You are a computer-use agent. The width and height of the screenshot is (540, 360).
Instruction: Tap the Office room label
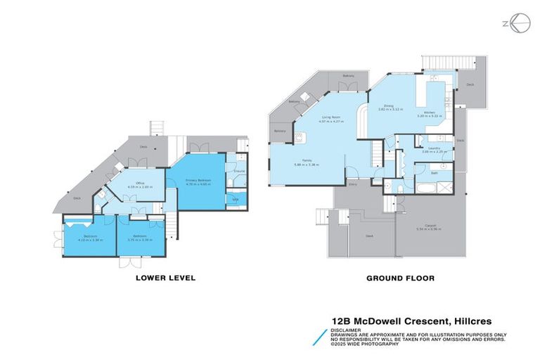point(136,184)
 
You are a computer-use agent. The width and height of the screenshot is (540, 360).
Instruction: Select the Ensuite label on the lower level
point(238,171)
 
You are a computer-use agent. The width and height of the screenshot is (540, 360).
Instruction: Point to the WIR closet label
point(236,200)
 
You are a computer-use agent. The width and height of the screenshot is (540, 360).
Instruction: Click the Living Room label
point(331,117)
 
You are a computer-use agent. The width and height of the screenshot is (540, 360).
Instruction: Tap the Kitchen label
point(429,112)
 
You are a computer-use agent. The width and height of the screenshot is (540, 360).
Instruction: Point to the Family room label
point(307,161)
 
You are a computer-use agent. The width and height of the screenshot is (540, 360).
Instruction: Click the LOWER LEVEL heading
point(165,278)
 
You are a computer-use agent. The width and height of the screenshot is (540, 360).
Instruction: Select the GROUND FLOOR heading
point(400,278)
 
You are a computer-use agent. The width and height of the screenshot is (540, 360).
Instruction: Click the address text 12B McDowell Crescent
point(384,319)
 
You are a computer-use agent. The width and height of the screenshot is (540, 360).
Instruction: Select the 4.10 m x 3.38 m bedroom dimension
point(91,240)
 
